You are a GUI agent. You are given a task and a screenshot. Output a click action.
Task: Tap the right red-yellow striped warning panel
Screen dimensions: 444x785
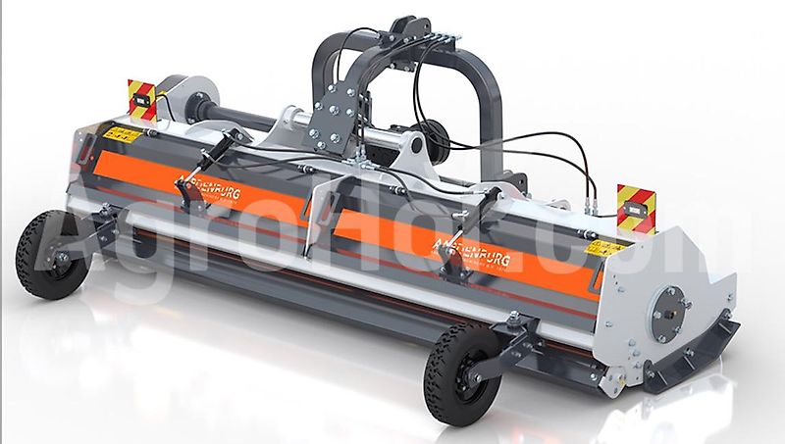pyautogui.click(x=636, y=207)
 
